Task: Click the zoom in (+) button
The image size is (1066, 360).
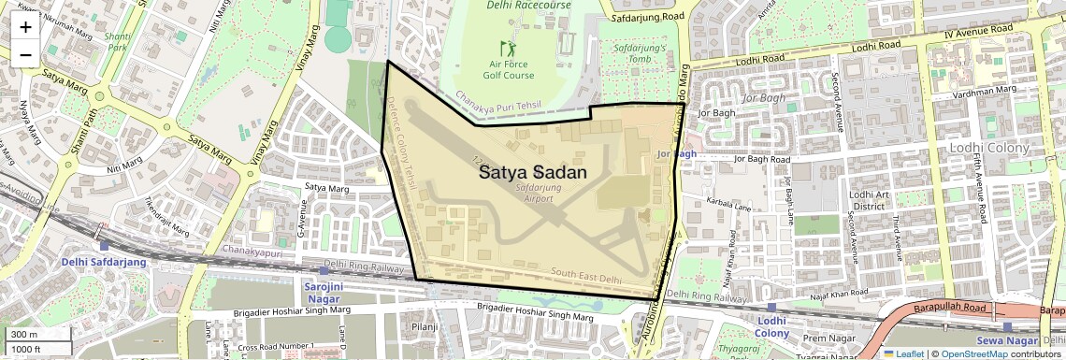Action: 25,26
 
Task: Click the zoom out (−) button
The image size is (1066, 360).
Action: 25,54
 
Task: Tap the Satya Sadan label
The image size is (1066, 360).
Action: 533,173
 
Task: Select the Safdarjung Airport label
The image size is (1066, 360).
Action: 533,193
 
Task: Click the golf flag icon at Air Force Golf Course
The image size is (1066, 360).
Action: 508,47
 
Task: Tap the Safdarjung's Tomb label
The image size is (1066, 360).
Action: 639,52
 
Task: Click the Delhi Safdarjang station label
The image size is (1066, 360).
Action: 104,262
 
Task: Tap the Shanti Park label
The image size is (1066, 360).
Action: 116,41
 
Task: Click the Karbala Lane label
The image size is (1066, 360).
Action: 730,199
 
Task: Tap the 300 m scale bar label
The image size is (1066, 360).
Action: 24,334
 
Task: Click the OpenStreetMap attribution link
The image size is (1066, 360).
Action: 973,353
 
